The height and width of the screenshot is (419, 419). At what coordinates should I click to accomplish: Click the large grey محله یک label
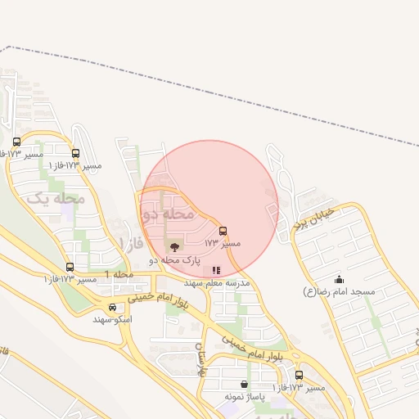(56, 197)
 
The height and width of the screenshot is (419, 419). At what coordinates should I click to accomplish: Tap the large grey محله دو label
(168, 214)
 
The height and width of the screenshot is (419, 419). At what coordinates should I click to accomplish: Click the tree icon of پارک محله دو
(173, 246)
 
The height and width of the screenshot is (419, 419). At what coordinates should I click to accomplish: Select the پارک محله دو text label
(174, 259)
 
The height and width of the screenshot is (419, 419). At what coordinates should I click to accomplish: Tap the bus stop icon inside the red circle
(223, 231)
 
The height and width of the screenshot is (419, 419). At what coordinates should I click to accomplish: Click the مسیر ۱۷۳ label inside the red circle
(223, 244)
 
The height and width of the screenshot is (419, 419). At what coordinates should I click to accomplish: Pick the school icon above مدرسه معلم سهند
(216, 269)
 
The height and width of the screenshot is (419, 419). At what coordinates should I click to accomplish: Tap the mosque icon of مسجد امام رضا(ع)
(339, 279)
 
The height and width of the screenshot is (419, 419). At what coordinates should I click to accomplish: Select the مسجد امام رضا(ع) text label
(339, 291)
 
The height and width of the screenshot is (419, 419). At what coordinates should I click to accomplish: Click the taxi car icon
(113, 308)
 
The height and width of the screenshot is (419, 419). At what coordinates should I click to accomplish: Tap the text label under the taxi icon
(113, 320)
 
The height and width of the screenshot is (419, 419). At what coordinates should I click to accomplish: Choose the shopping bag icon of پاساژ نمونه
(244, 384)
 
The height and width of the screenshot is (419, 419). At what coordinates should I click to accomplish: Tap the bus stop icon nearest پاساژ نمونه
(298, 374)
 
